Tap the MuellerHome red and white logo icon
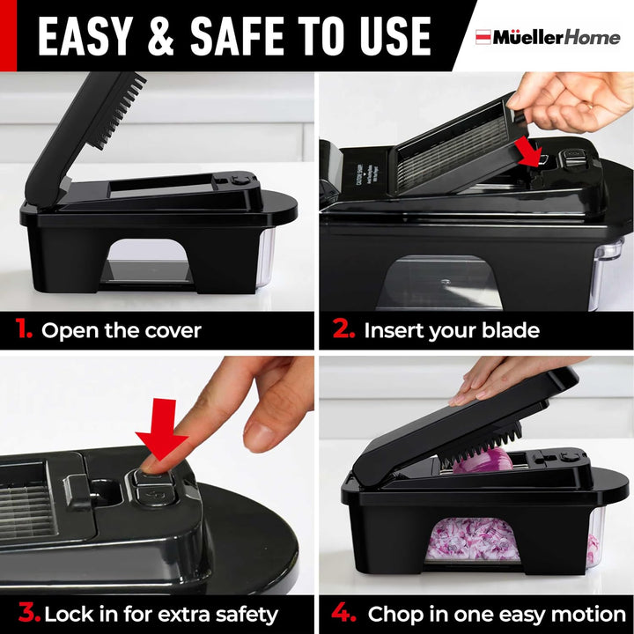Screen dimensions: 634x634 [x=483, y=37]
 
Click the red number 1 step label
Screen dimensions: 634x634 [x=24, y=328]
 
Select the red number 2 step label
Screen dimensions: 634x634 [x=343, y=328]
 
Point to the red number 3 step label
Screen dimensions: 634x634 [x=29, y=612]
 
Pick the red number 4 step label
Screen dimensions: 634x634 [x=343, y=612]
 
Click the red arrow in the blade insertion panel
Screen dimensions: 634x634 [x=529, y=151]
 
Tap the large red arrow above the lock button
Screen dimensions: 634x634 [x=163, y=430]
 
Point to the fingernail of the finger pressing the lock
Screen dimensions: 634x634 [x=150, y=466]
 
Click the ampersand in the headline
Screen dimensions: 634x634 [x=161, y=36]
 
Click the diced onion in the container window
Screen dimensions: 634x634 [x=472, y=540]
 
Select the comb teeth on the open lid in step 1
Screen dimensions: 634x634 [x=122, y=111]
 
